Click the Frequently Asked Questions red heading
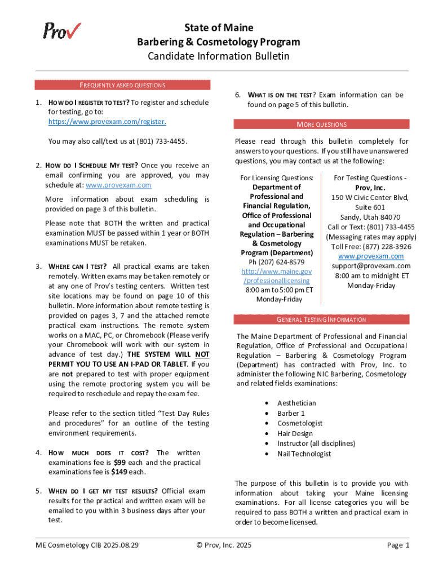pyautogui.click(x=122, y=85)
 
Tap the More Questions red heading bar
pyautogui.click(x=321, y=125)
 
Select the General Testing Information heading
pyautogui.click(x=321, y=319)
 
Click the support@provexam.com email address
pyautogui.click(x=371, y=266)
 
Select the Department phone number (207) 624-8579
pyautogui.click(x=276, y=262)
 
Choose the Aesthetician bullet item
pyautogui.click(x=296, y=403)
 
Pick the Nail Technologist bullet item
pyautogui.click(x=304, y=454)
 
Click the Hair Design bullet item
pyautogui.click(x=295, y=433)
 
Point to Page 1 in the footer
pyautogui.click(x=398, y=545)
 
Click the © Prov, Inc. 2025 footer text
pyautogui.click(x=224, y=545)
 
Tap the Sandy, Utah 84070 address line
pyautogui.click(x=370, y=218)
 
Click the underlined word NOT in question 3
pyautogui.click(x=202, y=354)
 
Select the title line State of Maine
pyautogui.click(x=219, y=28)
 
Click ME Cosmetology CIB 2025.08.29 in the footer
pyautogui.click(x=87, y=545)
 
